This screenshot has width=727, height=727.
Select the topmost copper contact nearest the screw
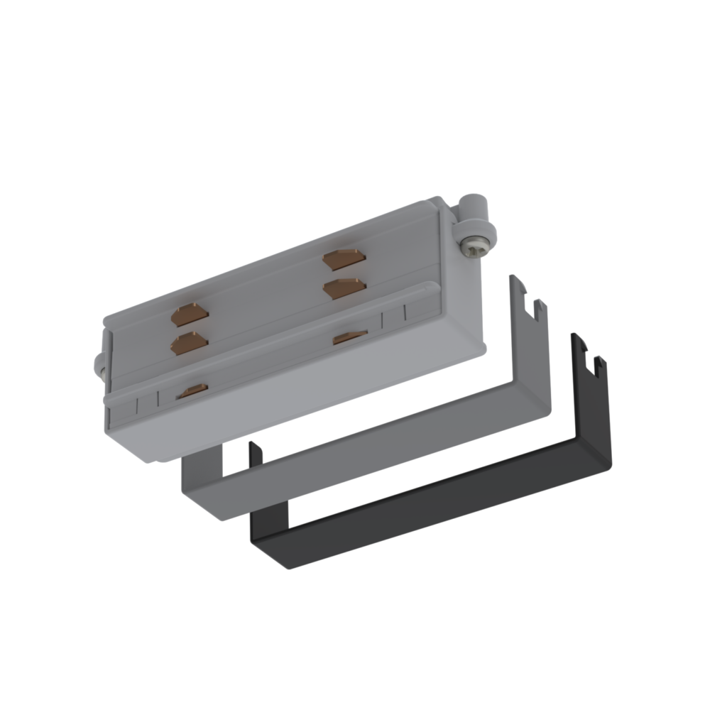(x=344, y=260)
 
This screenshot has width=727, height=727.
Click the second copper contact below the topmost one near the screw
(x=344, y=288)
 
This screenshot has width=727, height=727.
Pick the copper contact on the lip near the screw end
(x=350, y=337)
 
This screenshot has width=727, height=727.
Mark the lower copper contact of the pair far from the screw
(x=190, y=344)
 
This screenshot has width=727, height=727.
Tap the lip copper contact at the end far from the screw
(x=192, y=390)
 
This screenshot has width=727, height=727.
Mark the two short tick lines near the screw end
(x=395, y=317)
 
